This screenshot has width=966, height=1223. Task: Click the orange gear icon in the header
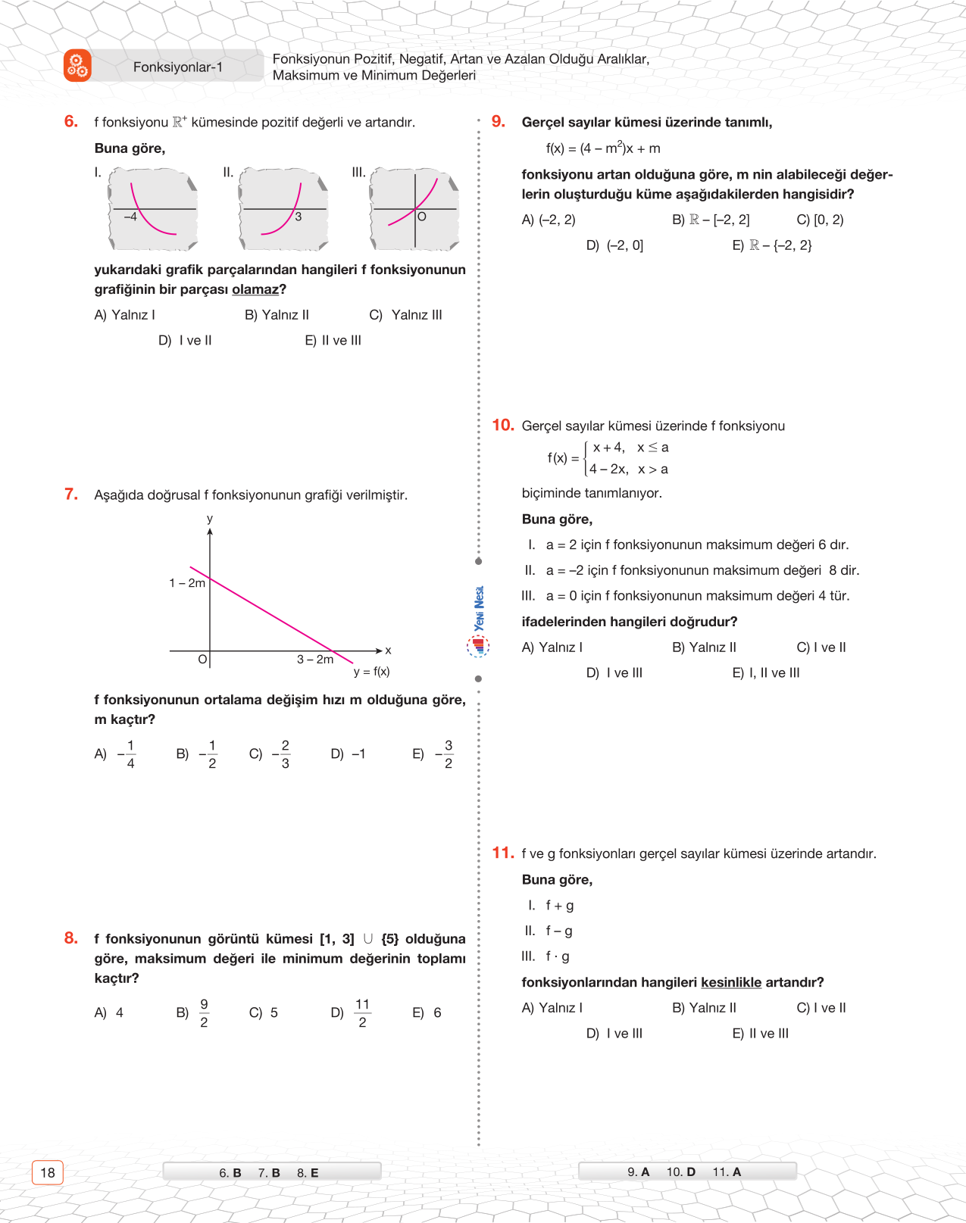(x=77, y=66)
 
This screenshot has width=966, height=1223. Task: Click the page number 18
(x=48, y=1172)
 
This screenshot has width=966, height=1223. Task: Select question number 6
(x=71, y=122)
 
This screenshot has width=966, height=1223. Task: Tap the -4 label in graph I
(x=130, y=217)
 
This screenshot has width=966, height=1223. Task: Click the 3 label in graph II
(x=299, y=217)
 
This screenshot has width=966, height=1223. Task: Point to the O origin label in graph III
(x=422, y=217)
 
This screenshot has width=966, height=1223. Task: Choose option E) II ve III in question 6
(x=333, y=341)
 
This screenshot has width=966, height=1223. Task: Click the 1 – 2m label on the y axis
(x=187, y=583)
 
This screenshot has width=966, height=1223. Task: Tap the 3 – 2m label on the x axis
(x=315, y=660)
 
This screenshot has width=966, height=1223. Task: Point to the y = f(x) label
(x=371, y=672)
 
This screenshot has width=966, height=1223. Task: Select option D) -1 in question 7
(x=349, y=754)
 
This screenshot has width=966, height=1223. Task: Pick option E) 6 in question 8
(x=427, y=1013)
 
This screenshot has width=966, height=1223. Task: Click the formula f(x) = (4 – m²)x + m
(x=603, y=148)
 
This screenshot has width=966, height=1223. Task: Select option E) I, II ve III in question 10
(x=766, y=673)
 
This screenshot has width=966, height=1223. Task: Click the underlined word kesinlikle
(x=731, y=982)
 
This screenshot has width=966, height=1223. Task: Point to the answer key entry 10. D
(x=680, y=1172)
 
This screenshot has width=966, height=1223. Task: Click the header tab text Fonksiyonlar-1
(x=178, y=67)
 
